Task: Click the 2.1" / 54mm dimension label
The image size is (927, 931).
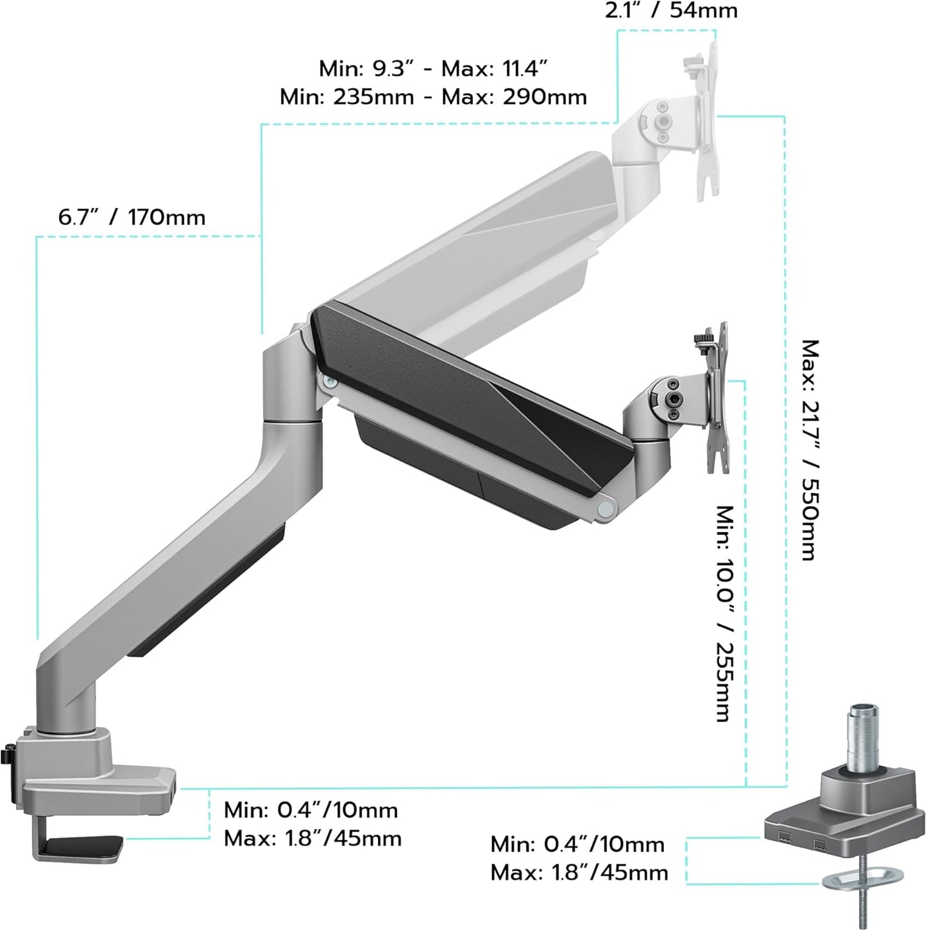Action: (x=671, y=10)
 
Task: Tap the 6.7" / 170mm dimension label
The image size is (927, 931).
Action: (x=132, y=218)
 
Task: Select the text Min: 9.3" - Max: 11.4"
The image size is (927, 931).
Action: (x=433, y=68)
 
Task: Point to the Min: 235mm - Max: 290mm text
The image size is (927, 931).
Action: (x=433, y=98)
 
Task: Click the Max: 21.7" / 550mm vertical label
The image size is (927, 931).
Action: (x=810, y=449)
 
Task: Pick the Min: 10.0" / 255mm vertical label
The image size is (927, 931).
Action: (x=725, y=613)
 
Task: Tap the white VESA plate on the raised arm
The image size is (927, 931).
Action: (x=708, y=122)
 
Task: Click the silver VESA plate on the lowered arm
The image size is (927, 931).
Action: (x=718, y=398)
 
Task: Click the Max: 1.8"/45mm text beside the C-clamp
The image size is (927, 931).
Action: (x=312, y=839)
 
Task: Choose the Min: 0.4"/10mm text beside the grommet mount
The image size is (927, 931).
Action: (x=577, y=844)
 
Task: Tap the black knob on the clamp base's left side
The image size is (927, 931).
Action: (x=8, y=753)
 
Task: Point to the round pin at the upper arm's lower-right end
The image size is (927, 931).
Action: (x=604, y=508)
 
